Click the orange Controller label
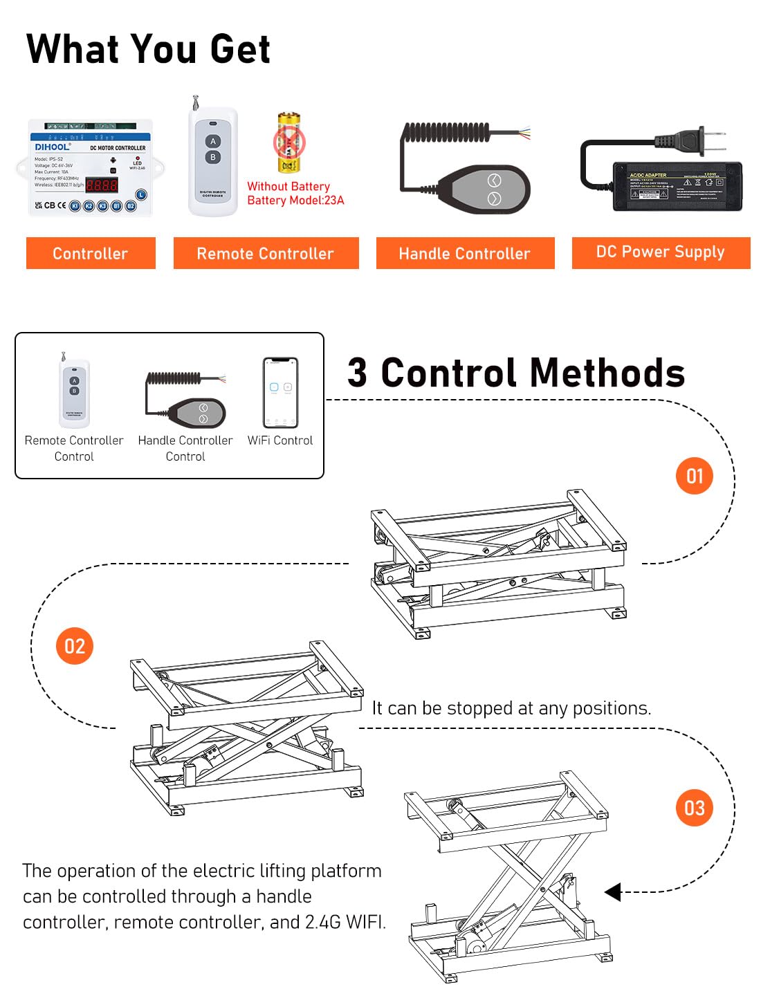pyautogui.click(x=91, y=253)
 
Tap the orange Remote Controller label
pyautogui.click(x=266, y=253)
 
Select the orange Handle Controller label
pyautogui.click(x=465, y=253)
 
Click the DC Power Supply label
pyautogui.click(x=661, y=252)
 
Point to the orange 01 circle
pyautogui.click(x=694, y=476)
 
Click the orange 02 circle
pyautogui.click(x=74, y=646)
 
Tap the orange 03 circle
pyautogui.click(x=694, y=808)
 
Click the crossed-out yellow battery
pyautogui.click(x=289, y=143)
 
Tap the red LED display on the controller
pyautogui.click(x=101, y=185)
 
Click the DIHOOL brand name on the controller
pyautogui.click(x=53, y=147)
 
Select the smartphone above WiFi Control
pyautogui.click(x=280, y=392)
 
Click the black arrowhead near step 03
pyautogui.click(x=613, y=892)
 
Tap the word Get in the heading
pyautogui.click(x=239, y=49)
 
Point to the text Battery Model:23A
pyautogui.click(x=295, y=201)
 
